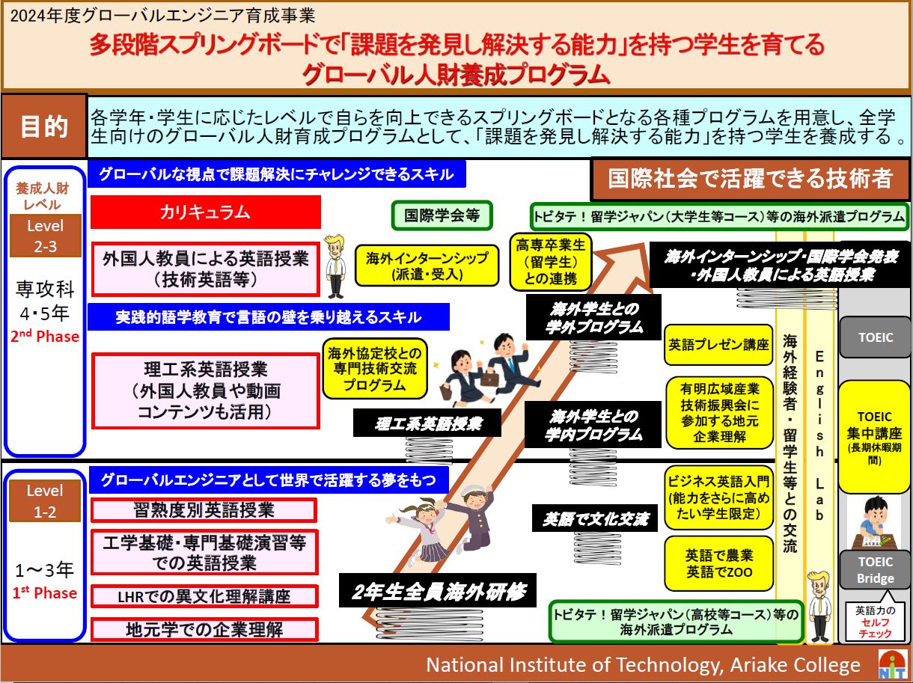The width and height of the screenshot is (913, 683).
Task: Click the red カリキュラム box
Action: [206, 212]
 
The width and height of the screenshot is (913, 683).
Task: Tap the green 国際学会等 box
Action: [442, 215]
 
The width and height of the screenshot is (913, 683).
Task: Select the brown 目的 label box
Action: [44, 126]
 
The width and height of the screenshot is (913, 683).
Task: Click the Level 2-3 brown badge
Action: [46, 236]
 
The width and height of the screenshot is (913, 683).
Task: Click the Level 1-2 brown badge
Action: [45, 501]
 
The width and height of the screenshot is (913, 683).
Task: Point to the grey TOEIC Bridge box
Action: [875, 570]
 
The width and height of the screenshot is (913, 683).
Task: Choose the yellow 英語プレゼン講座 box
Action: [718, 345]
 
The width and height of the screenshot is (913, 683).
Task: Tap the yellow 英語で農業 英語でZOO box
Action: [718, 564]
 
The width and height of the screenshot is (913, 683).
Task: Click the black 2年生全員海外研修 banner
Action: [438, 591]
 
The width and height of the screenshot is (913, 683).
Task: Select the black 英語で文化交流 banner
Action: [595, 518]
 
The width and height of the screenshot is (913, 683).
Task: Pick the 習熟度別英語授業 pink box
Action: [204, 510]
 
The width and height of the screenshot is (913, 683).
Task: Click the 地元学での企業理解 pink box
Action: [204, 629]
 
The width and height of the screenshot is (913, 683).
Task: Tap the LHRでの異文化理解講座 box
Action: [204, 596]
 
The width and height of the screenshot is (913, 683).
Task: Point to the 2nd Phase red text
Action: [44, 336]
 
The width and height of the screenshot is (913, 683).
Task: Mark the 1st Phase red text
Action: [44, 592]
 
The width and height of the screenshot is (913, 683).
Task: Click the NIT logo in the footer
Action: [893, 665]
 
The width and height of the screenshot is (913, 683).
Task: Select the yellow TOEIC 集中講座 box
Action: [874, 437]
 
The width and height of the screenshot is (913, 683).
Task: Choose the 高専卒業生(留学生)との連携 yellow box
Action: [550, 262]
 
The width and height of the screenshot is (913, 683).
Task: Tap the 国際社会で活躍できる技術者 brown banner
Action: [751, 179]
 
